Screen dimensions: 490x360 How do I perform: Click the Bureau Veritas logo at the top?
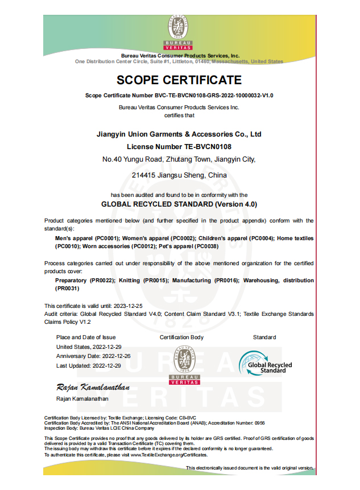(179, 32)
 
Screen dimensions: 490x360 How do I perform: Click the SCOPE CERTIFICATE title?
(179, 80)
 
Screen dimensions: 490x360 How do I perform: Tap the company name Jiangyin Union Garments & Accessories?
(179, 135)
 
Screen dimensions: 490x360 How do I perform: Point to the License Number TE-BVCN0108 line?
(179, 147)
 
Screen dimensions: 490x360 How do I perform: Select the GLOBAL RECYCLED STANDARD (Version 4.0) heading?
(179, 203)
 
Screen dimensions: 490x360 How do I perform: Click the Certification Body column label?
(181, 337)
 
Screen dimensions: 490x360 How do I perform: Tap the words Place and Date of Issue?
(86, 337)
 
